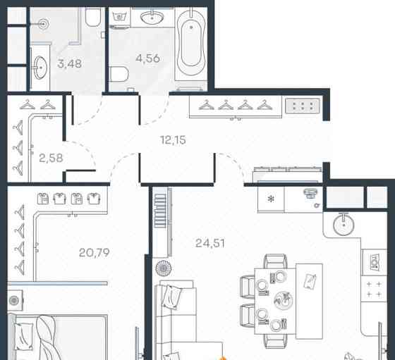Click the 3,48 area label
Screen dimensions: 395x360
70,63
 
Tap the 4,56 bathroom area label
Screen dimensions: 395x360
147,58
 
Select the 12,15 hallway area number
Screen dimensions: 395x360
173,140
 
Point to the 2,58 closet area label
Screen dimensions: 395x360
51,159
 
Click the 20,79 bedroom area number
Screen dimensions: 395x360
95,253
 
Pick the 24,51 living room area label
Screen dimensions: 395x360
210,243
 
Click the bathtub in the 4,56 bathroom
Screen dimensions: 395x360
191,43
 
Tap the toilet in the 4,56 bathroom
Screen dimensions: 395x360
119,74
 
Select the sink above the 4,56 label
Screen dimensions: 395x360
152,18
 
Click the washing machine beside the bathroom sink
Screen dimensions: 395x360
120,17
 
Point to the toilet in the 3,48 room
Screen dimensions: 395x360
93,17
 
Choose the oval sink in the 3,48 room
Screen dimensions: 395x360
40,68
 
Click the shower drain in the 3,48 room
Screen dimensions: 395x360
44,24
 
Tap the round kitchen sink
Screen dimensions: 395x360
344,225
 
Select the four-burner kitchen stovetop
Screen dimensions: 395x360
374,289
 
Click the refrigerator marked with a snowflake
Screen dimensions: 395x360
271,199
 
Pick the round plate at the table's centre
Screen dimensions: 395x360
284,300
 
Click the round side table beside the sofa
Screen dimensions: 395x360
164,268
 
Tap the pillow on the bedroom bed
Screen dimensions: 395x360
24,336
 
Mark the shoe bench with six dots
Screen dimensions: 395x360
303,106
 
